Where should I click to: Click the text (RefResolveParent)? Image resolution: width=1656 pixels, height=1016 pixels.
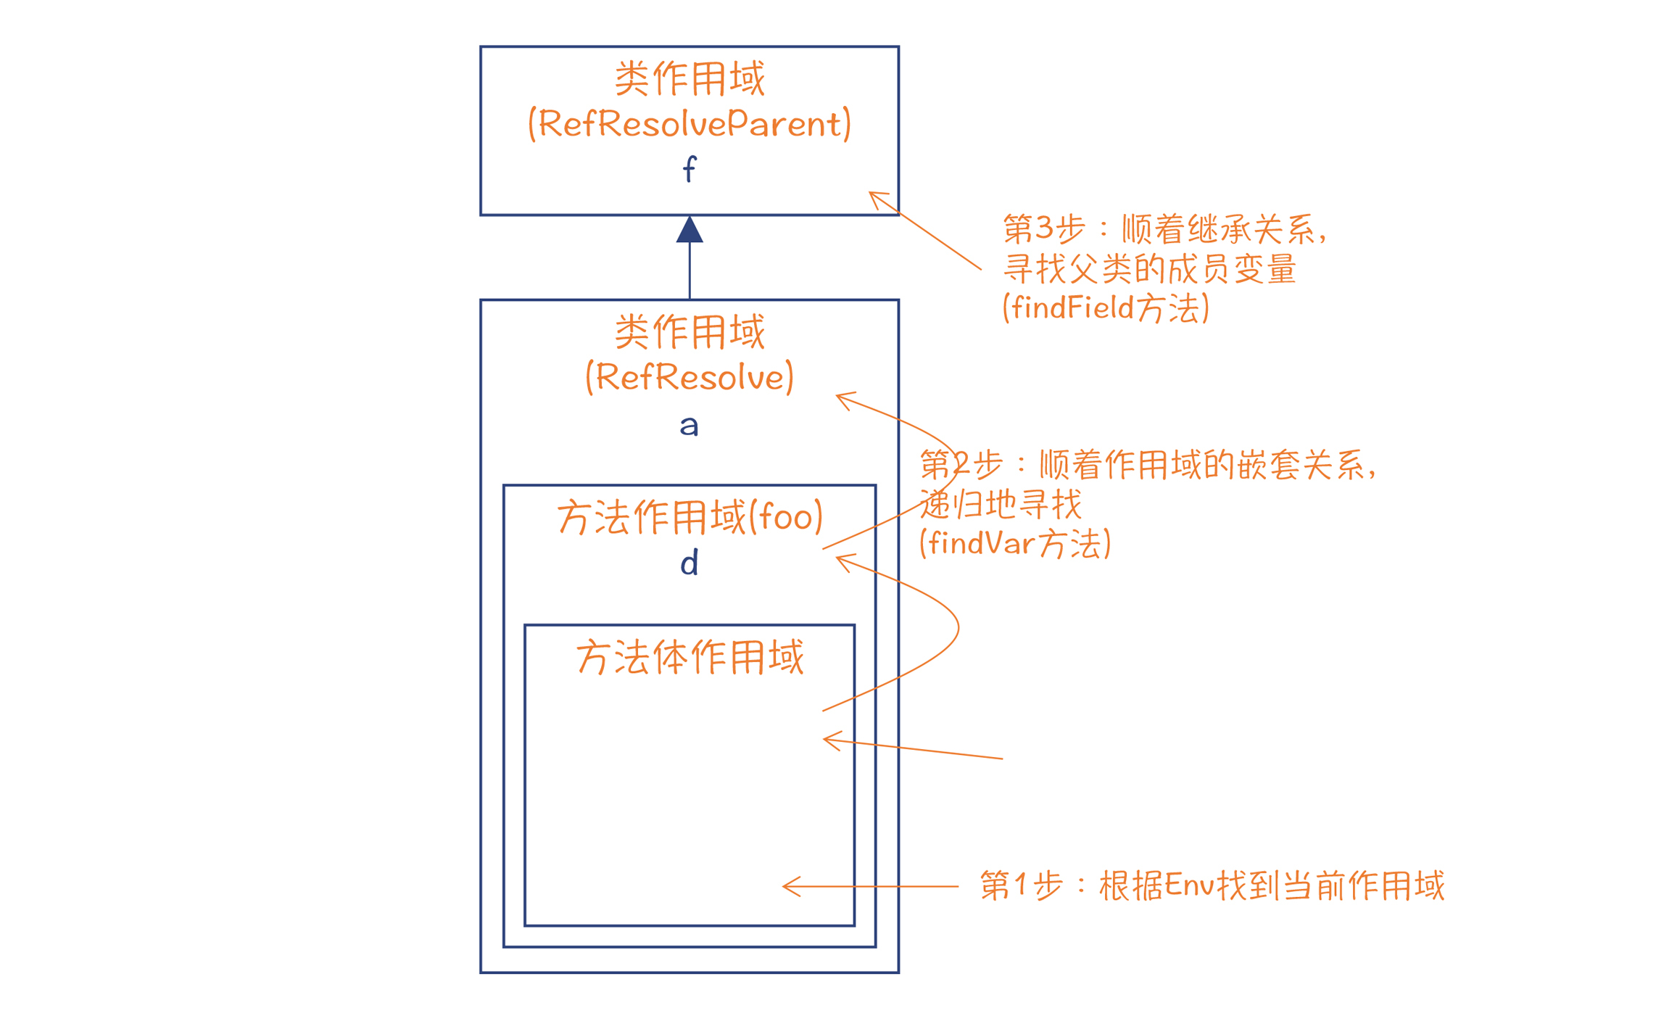point(689,124)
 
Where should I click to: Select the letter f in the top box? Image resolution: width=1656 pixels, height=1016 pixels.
point(689,170)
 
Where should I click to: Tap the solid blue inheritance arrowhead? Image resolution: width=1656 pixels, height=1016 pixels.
point(689,230)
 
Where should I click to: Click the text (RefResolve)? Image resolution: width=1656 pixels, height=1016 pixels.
point(689,377)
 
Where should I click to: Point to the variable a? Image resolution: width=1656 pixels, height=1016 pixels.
point(689,426)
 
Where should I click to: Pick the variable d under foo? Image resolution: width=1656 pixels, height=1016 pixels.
point(689,563)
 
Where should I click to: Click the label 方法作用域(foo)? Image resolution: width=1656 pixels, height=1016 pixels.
point(689,518)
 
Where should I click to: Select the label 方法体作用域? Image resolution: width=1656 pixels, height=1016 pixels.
point(689,658)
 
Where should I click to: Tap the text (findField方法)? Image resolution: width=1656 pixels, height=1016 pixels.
point(1106,307)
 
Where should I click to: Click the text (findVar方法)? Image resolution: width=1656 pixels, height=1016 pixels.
point(1014,543)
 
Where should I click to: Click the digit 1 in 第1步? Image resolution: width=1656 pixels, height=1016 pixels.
point(1020,885)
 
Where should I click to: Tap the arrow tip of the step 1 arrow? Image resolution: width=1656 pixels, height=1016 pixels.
point(785,886)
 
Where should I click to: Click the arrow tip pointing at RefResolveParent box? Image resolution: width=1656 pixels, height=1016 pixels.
point(871,194)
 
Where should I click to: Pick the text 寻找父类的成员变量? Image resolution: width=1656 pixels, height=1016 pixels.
point(1149,269)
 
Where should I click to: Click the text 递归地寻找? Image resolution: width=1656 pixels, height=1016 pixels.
point(1001,504)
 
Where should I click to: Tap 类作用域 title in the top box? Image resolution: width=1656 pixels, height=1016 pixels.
point(689,78)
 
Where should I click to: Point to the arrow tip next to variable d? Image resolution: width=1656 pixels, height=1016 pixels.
point(839,558)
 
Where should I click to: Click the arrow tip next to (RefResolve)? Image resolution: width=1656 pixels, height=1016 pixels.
point(839,396)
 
